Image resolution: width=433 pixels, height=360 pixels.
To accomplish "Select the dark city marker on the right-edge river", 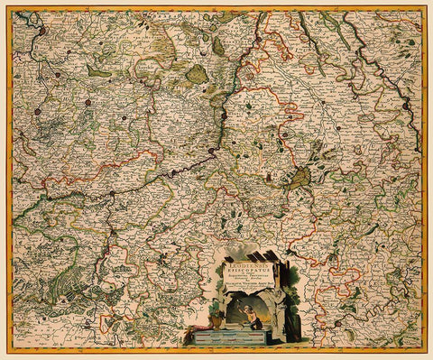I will coord(406,106).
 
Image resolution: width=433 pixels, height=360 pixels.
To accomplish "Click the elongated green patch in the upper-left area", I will coord(97,71).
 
